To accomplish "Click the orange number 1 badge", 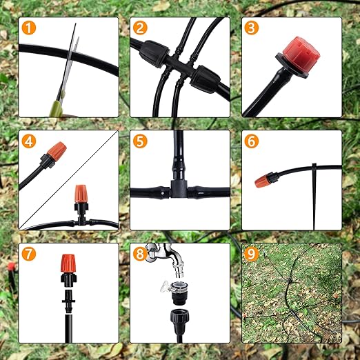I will (28, 28).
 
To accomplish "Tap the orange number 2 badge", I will (141, 28).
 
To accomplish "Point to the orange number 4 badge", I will (28, 141).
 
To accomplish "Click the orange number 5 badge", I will (141, 141).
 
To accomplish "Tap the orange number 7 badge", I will (28, 254).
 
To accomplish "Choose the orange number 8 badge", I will (141, 254).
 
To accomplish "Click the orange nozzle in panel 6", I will (263, 181).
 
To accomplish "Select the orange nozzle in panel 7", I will (68, 263).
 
